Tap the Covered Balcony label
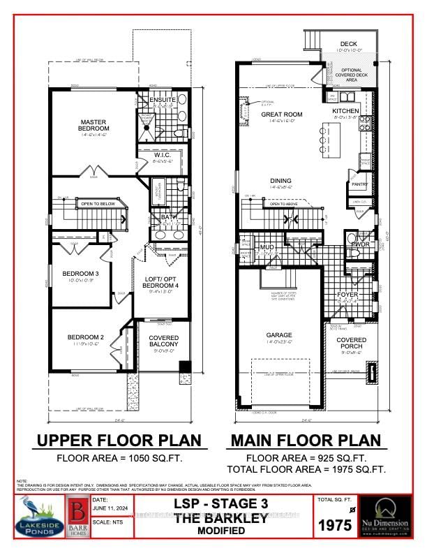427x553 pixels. point(164,341)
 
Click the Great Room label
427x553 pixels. point(281,115)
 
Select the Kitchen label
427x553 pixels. point(345,111)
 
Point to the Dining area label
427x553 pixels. point(281,180)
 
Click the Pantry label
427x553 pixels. point(359,184)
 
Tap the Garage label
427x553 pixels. point(279,335)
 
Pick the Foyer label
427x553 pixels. point(347,295)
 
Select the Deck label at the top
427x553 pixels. point(348,44)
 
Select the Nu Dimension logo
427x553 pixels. point(391,517)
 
